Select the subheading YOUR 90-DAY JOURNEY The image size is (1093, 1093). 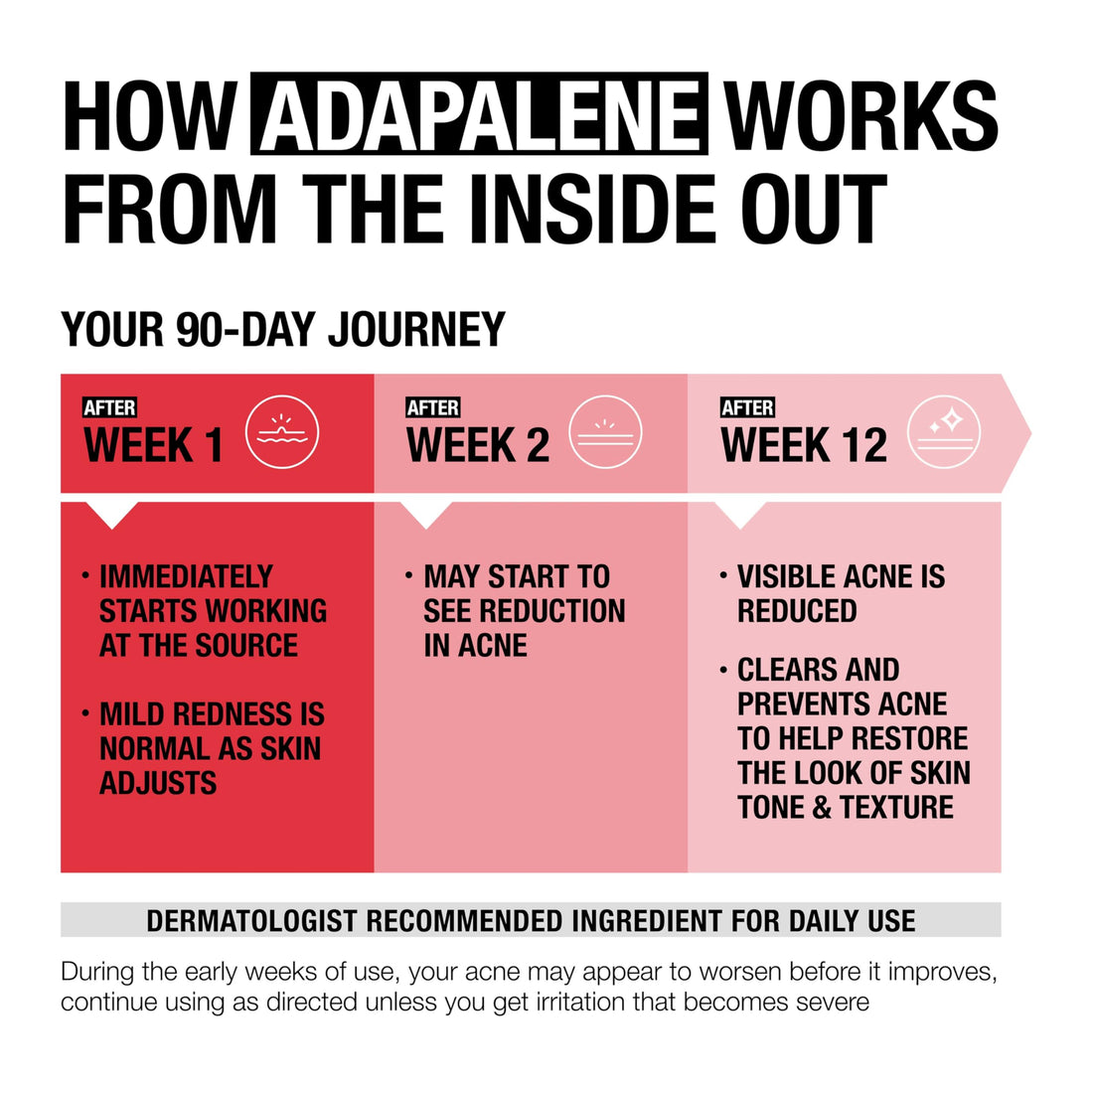[283, 330]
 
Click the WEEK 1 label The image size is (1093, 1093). [153, 445]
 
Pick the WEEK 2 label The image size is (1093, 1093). [477, 445]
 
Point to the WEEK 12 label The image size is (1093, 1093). [803, 445]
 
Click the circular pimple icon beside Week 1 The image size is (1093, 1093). [282, 432]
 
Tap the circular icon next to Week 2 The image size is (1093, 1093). [605, 432]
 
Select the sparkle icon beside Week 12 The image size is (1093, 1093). [944, 432]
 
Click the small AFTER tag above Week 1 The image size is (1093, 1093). [109, 407]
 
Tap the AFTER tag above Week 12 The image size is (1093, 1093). [747, 407]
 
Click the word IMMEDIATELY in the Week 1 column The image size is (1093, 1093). [186, 576]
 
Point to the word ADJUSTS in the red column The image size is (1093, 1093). [158, 783]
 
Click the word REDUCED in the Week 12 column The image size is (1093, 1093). [797, 611]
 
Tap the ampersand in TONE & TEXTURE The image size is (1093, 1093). [822, 807]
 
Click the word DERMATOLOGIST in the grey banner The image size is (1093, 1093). [251, 921]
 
